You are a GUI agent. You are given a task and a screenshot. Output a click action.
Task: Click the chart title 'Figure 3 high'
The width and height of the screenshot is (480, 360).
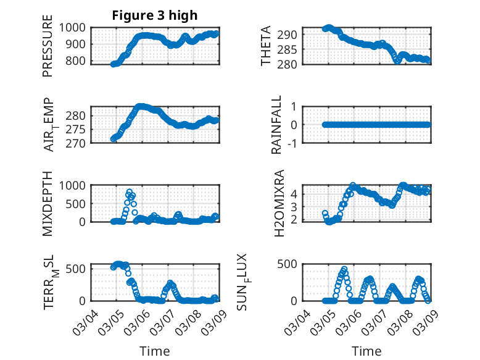(x=154, y=15)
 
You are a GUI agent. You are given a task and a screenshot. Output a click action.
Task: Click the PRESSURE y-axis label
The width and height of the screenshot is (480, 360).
(x=48, y=51)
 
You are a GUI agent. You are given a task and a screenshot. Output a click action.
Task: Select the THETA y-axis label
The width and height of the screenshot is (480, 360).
(x=266, y=46)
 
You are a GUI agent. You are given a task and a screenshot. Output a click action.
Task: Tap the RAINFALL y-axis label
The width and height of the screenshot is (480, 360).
(x=277, y=125)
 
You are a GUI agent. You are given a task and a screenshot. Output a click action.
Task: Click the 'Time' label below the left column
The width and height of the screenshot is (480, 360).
(x=154, y=351)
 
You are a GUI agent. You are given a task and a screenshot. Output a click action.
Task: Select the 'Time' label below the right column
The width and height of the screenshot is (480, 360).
(x=366, y=351)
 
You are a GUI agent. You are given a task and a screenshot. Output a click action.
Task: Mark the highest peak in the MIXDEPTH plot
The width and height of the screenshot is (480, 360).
(x=129, y=191)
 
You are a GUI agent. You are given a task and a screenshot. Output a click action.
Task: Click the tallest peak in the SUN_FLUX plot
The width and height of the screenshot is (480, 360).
(x=344, y=269)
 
